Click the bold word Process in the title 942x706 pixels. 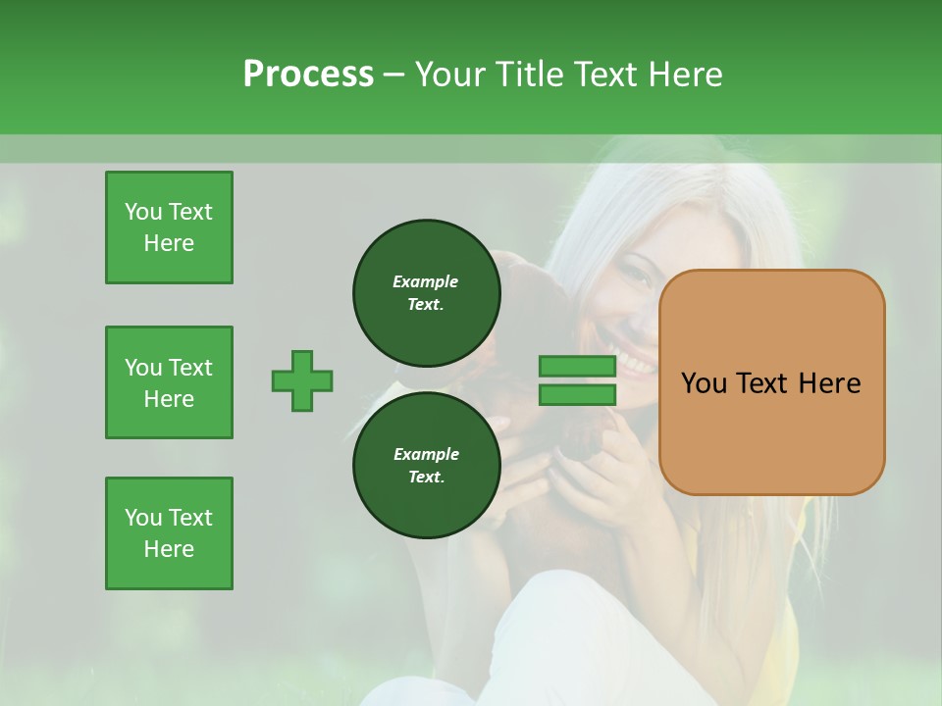click(308, 75)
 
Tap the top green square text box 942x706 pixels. click(169, 227)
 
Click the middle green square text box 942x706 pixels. click(169, 382)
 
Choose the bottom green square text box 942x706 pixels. click(169, 533)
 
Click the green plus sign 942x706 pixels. click(302, 380)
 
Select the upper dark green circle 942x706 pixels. click(426, 292)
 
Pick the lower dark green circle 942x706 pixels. click(426, 465)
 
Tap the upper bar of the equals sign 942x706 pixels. click(577, 366)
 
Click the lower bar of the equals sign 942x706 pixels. click(577, 395)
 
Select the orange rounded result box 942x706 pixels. click(771, 382)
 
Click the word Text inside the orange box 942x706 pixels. click(768, 383)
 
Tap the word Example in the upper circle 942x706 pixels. click(426, 281)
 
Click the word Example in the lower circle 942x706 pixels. click(426, 454)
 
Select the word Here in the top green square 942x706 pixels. click(169, 243)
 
